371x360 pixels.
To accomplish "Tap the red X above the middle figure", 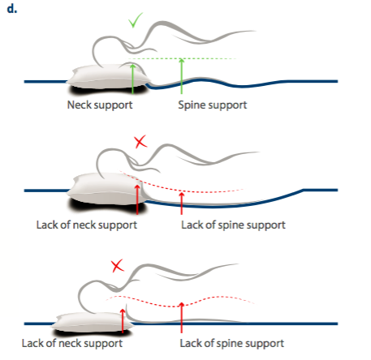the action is point(140,141).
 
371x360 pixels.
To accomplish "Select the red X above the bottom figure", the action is point(118,266).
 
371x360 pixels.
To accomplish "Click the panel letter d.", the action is point(12,9).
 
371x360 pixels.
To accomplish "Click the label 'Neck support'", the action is point(100,105).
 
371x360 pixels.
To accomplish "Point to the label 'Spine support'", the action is point(213,105).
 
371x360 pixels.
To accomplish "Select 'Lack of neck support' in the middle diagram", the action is point(87,225).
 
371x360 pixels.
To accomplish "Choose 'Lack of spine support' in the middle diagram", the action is point(233,225).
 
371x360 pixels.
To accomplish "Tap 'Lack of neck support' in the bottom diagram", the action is point(72,343).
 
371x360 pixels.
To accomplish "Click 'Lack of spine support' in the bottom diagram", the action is point(232,343).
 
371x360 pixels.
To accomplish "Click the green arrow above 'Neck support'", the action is point(132,79).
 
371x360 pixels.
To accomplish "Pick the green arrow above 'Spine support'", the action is point(182,76).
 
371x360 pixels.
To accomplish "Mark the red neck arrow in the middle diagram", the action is point(137,199).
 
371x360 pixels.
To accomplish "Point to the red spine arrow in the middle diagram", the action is point(182,203).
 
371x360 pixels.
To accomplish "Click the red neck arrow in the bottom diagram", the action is point(123,321).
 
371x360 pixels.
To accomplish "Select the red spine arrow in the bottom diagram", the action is point(182,318).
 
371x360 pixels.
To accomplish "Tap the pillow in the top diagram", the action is point(108,76).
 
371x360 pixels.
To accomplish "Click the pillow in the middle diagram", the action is point(107,188).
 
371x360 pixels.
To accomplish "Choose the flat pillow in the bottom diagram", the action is point(92,322).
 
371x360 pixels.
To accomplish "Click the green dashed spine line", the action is point(182,58).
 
